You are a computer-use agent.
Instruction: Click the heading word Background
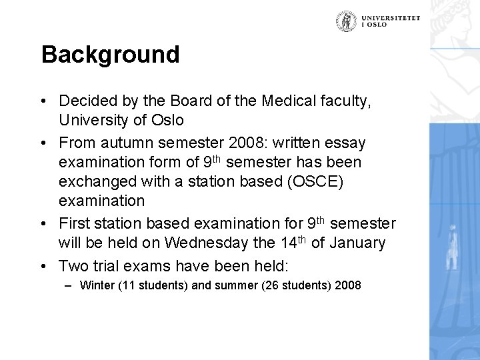coord(110,55)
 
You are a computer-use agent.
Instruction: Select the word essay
coord(346,143)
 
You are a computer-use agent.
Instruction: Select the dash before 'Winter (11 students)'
coord(69,286)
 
